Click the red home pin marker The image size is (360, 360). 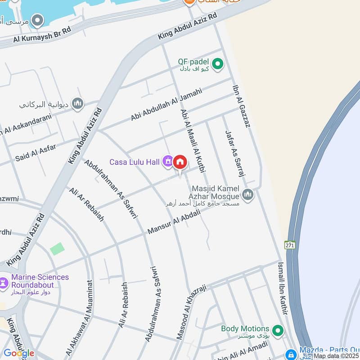[180, 162]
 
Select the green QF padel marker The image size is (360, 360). [218, 64]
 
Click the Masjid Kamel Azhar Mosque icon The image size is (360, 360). [247, 194]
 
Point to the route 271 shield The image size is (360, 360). [289, 245]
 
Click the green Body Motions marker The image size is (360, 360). [278, 330]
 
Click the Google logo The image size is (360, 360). [19, 353]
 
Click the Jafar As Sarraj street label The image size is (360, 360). [234, 153]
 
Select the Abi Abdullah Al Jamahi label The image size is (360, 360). [166, 104]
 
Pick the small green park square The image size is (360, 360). [57, 248]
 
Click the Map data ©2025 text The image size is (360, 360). [337, 356]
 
